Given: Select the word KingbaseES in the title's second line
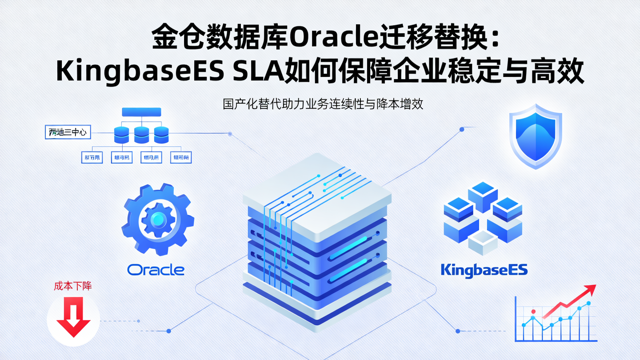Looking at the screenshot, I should click(140, 72).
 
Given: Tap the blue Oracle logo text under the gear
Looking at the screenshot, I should click(156, 269).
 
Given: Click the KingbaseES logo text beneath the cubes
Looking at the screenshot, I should click(484, 269).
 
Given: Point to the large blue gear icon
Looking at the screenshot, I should click(157, 219).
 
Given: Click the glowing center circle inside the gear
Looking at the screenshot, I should click(157, 219).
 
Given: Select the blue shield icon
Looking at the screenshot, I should click(536, 136).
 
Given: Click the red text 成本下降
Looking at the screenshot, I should click(73, 286).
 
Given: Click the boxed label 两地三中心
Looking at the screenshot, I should click(68, 132).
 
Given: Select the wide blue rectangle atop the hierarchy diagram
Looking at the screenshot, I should click(141, 112).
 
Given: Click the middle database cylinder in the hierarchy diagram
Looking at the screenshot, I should click(141, 134).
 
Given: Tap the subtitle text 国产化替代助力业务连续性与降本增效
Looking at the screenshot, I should click(322, 104).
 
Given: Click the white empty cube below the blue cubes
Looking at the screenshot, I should click(483, 243).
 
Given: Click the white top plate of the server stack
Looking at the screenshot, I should click(317, 187).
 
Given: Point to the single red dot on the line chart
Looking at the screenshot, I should click(533, 312).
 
